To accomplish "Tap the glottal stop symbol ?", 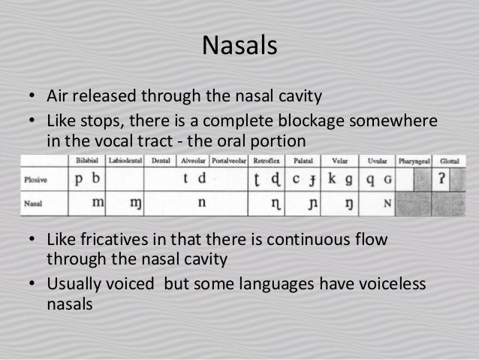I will [444, 181].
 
